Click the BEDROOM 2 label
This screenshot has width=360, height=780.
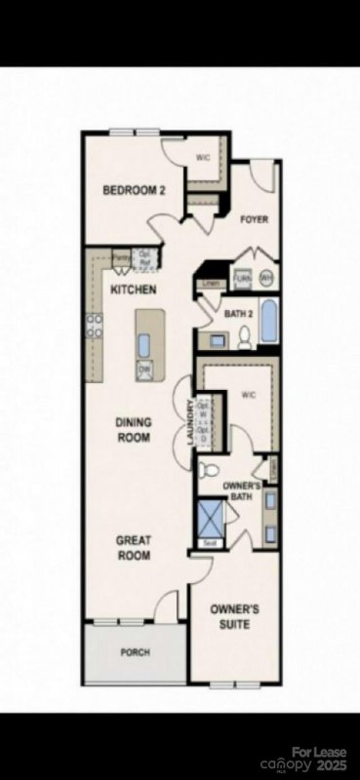click(135, 190)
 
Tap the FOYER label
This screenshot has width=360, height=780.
click(254, 220)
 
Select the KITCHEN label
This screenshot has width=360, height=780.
click(134, 291)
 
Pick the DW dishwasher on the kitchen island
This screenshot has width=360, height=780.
click(144, 370)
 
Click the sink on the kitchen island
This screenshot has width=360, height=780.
click(144, 344)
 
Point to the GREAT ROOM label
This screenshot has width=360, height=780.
click(134, 547)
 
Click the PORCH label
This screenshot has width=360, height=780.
click(135, 652)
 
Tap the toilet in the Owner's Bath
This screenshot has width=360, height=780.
click(206, 470)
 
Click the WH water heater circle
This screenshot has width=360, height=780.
click(265, 278)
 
